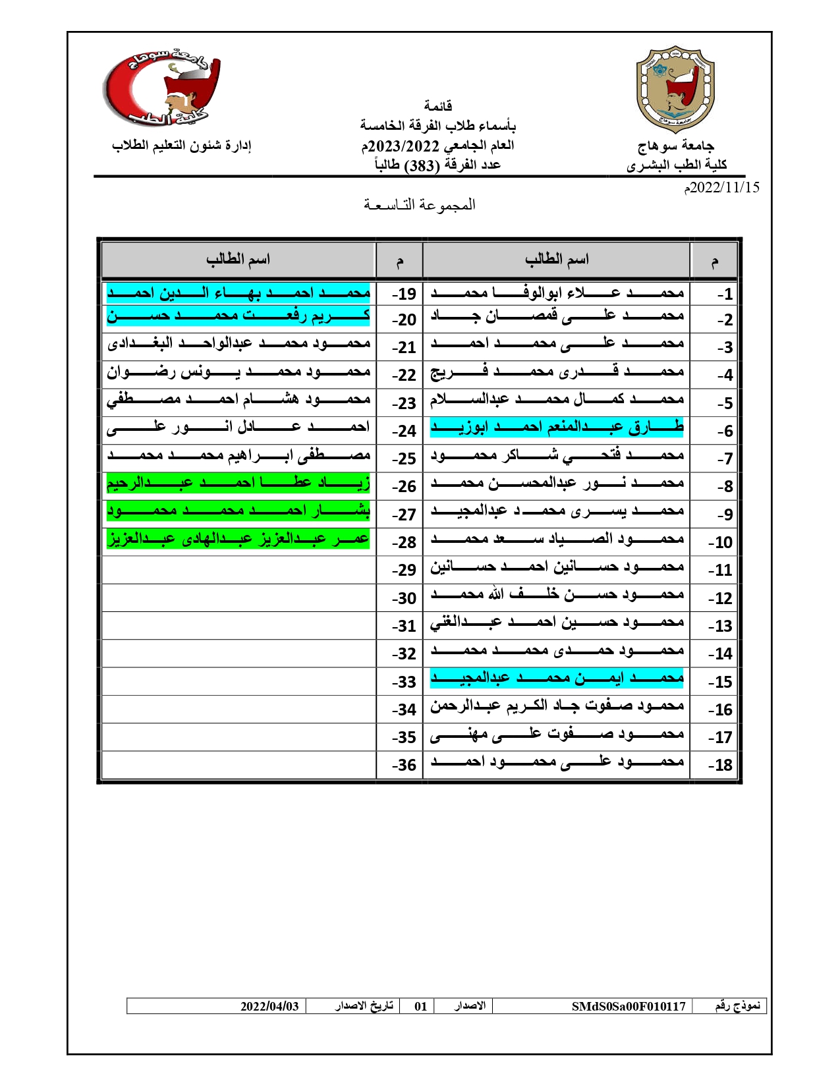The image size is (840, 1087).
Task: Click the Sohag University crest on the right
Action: pos(675,89)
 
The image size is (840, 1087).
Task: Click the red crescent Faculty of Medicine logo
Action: pos(162,89)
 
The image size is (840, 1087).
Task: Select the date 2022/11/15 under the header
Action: pos(721,188)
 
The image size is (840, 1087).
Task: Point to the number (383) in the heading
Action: pos(422,165)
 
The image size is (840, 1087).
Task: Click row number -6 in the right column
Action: pos(724,431)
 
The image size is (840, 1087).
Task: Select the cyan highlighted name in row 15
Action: pos(557,678)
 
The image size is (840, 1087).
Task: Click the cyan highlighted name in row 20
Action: pos(238,316)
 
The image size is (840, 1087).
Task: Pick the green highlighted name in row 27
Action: pos(238,511)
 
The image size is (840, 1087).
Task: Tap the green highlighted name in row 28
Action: pos(238,539)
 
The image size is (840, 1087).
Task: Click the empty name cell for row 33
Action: pos(238,681)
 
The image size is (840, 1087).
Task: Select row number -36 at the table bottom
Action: pos(404,765)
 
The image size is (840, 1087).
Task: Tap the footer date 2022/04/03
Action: pos(269,1006)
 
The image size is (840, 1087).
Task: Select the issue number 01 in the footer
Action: pos(420,1006)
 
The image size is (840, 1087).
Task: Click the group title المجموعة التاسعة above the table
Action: pos(419,205)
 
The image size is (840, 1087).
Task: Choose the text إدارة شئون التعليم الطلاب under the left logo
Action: pos(182,145)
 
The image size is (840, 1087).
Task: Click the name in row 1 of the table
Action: pos(557,293)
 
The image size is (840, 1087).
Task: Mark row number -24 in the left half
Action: pos(404,431)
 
